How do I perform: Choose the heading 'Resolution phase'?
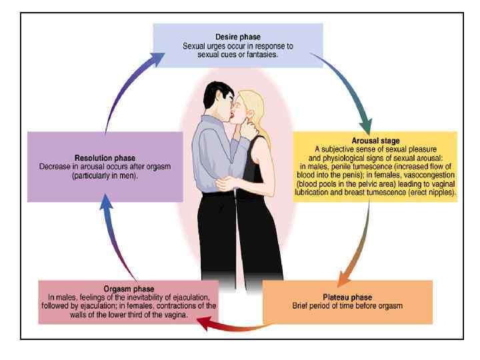105,158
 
